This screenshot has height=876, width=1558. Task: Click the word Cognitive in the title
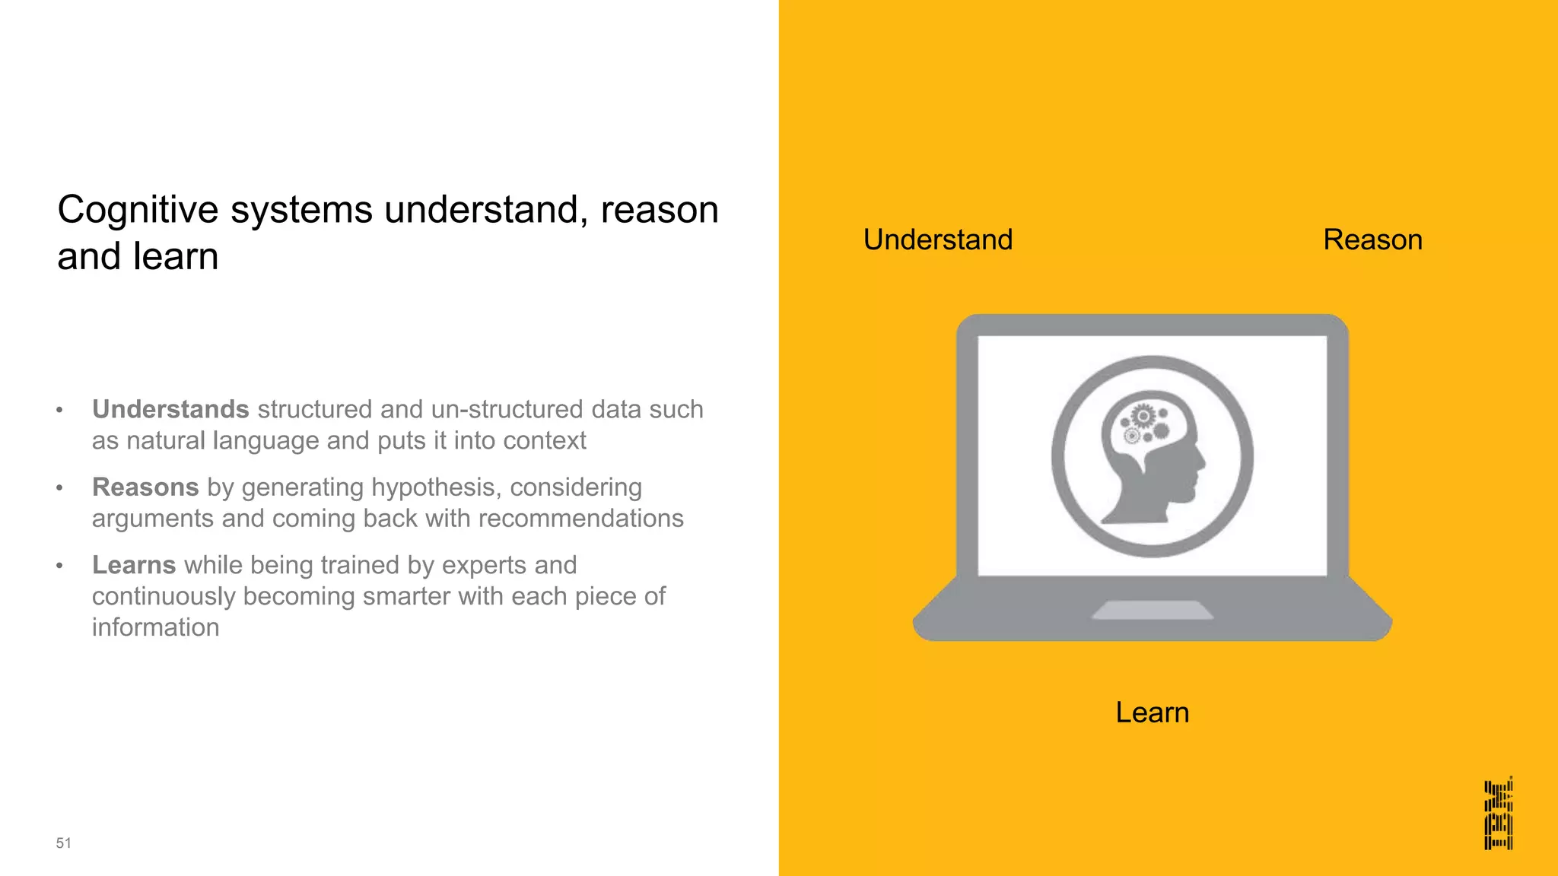coord(138,210)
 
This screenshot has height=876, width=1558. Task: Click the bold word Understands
coord(170,409)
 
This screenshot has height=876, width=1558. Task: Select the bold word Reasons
coord(145,487)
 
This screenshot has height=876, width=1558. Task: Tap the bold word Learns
coord(134,565)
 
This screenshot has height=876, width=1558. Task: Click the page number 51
coord(63,843)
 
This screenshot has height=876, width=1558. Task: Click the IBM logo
coord(1498,813)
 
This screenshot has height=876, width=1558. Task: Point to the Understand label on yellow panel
coord(937,240)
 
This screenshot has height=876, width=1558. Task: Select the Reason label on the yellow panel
coord(1372,240)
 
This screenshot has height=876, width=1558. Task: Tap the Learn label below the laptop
coord(1152,713)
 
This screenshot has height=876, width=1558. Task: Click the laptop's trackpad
coord(1152,610)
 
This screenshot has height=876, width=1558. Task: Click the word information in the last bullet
coord(155,627)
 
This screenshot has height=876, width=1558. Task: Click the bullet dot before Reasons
coord(59,488)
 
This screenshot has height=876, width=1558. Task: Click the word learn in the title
coord(176,256)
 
